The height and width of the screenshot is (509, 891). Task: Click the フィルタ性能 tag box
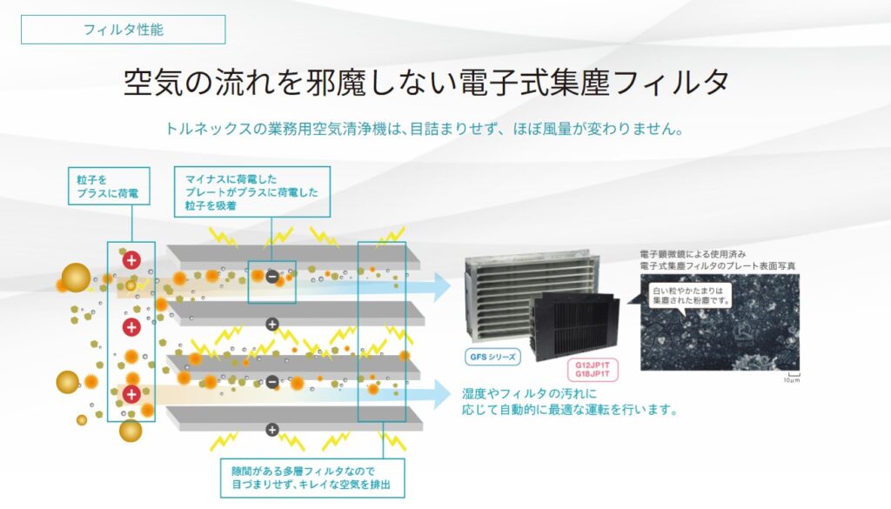(x=123, y=30)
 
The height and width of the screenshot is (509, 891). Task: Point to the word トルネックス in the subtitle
(x=203, y=129)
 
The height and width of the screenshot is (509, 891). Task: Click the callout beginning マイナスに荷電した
(x=252, y=191)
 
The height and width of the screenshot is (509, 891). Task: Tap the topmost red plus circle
(x=131, y=259)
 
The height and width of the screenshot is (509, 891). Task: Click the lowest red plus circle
(x=131, y=394)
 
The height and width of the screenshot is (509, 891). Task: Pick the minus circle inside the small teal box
(x=271, y=277)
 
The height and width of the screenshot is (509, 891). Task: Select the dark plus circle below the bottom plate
(x=271, y=429)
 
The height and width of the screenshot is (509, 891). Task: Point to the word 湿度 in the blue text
(x=475, y=394)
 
